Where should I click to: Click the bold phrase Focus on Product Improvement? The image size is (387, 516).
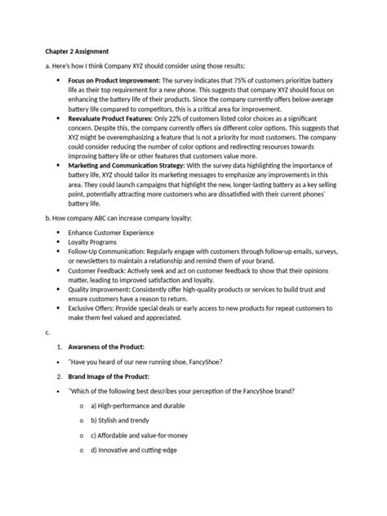point(114,81)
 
